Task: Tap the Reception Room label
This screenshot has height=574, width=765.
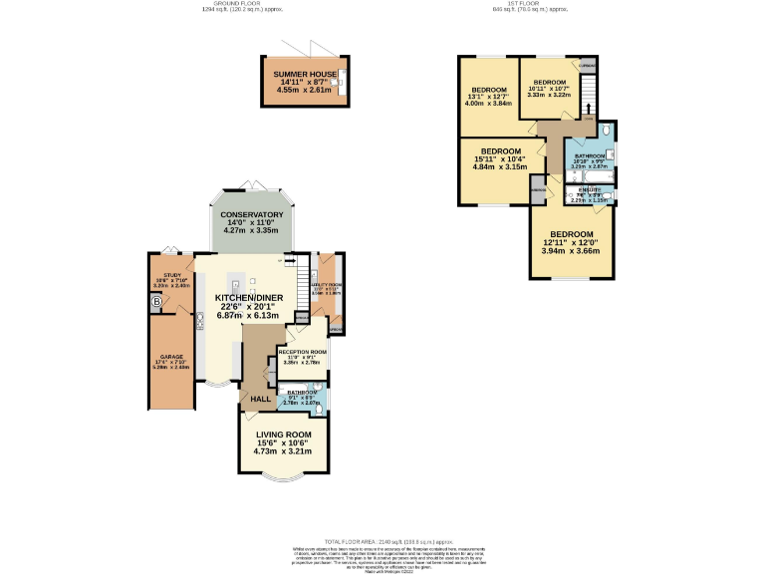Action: pyautogui.click(x=302, y=357)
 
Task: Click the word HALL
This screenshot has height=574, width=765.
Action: pyautogui.click(x=261, y=400)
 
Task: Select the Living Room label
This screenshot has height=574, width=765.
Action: pyautogui.click(x=284, y=441)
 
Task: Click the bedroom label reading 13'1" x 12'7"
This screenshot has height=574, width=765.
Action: pyautogui.click(x=490, y=96)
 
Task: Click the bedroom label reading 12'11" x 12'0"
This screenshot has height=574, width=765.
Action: pyautogui.click(x=572, y=242)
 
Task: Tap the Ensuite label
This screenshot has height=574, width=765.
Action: pyautogui.click(x=589, y=196)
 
